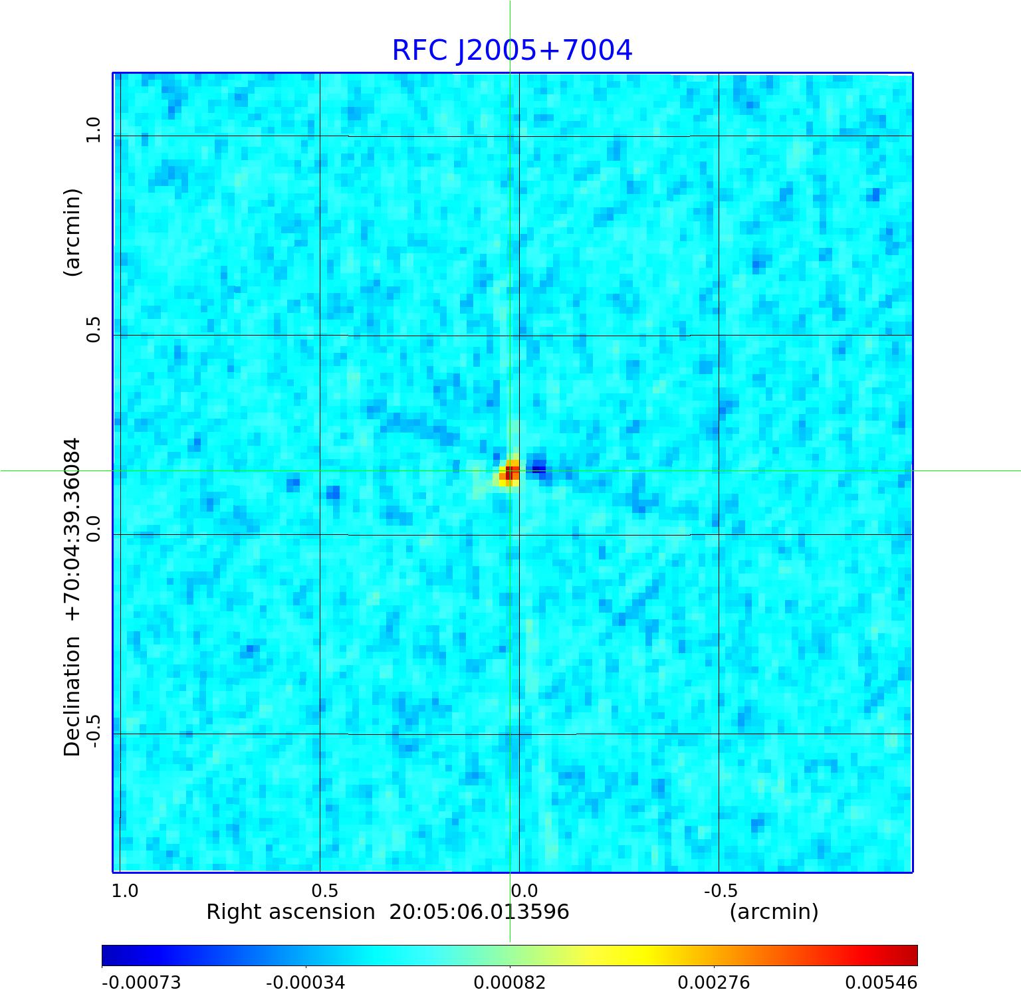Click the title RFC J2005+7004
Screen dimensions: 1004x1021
click(x=512, y=50)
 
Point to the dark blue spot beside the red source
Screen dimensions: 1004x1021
click(x=538, y=468)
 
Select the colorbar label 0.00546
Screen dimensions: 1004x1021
click(x=881, y=983)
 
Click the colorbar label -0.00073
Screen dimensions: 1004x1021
click(x=141, y=983)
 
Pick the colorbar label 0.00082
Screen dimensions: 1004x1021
click(x=509, y=983)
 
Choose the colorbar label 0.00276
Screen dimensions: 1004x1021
click(x=713, y=983)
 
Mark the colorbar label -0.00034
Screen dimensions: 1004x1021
click(x=305, y=983)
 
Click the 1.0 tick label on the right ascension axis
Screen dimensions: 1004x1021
click(x=125, y=890)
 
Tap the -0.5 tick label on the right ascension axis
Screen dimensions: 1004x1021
click(x=720, y=890)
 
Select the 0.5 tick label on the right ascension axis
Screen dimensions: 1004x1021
click(x=324, y=890)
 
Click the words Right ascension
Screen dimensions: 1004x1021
click(x=290, y=912)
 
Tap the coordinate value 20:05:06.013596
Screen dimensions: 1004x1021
click(x=479, y=912)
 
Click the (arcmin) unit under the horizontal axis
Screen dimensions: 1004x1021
click(x=774, y=912)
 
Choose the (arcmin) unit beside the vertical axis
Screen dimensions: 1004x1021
click(x=72, y=233)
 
